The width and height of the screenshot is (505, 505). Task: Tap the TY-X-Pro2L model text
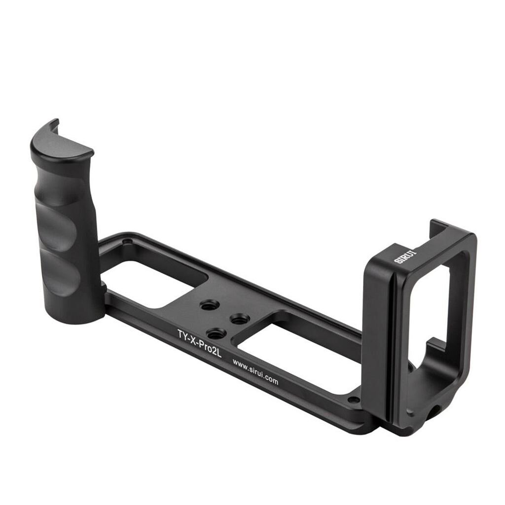tap(200, 342)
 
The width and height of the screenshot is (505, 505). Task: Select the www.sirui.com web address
tap(255, 372)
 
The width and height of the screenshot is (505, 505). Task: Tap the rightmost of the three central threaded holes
tap(240, 319)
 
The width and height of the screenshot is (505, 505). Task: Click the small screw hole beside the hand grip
tap(129, 241)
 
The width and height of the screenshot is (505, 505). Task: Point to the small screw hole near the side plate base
tap(354, 399)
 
